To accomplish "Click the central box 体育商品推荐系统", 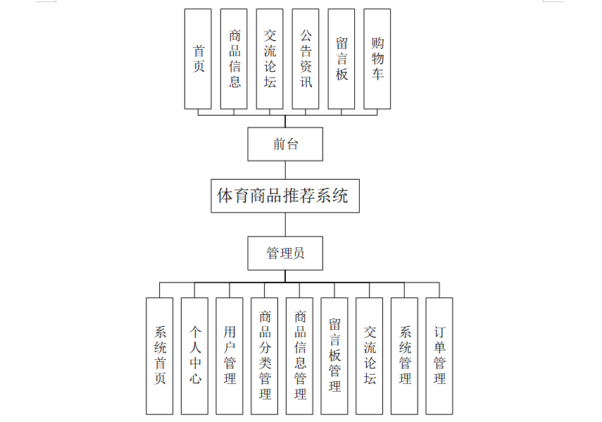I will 284,195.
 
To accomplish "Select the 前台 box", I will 284,144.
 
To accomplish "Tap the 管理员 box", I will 284,253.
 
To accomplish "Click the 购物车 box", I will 377,59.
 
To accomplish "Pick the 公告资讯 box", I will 306,59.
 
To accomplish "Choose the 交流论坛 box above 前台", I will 270,59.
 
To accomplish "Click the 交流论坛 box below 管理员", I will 370,356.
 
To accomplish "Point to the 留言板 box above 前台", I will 341,59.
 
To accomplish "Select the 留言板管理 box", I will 334,356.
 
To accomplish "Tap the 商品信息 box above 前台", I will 234,59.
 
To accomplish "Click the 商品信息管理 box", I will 300,356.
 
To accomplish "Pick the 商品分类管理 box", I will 265,356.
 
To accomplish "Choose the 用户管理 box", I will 230,356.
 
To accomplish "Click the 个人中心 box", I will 194,356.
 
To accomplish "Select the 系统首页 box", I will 160,356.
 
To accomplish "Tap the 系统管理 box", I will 404,356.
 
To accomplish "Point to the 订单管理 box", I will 439,356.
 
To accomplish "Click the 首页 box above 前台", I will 198,59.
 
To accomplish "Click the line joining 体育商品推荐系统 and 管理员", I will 285,224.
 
